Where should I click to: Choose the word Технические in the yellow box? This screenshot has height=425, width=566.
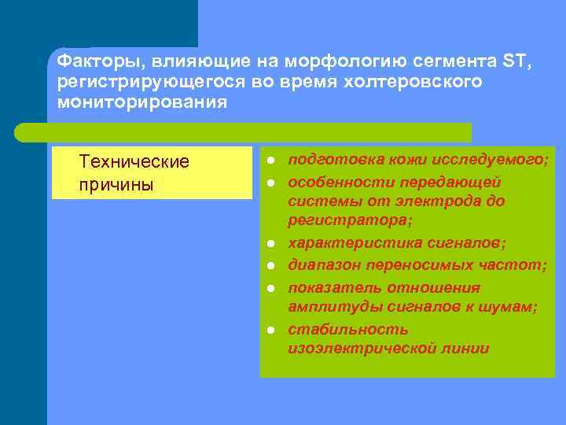point(134,162)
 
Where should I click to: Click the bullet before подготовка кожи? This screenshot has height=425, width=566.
point(269,161)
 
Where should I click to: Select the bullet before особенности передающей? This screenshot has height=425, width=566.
point(269,183)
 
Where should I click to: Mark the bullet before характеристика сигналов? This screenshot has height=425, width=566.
point(269,244)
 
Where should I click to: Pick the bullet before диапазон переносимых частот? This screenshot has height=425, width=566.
point(269,266)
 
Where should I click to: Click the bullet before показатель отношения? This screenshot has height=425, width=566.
point(269,287)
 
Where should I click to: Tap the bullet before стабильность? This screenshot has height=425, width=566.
point(269,329)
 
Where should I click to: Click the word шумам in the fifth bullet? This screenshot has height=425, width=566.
point(511,308)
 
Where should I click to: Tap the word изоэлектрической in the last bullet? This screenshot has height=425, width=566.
point(354,349)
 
